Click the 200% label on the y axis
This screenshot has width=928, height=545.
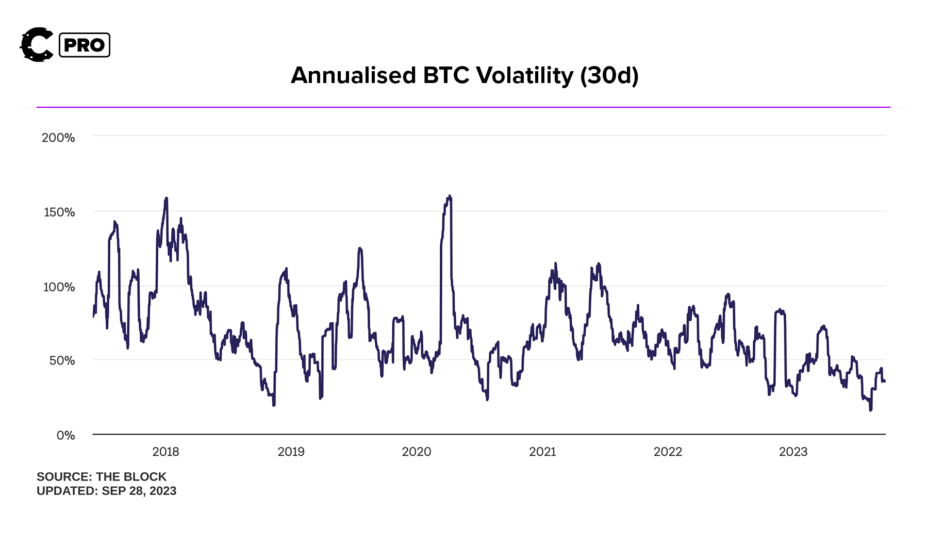[x=58, y=138]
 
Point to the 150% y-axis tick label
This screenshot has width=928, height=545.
[x=59, y=212]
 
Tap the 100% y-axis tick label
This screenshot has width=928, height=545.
[x=59, y=287]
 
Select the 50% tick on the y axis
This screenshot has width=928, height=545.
[x=62, y=360]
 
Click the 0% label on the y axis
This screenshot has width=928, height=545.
[x=65, y=435]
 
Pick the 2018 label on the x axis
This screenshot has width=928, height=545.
[x=165, y=452]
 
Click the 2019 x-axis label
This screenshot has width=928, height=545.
[x=291, y=452]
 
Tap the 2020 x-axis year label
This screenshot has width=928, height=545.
[x=416, y=452]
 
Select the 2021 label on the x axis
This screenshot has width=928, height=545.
[x=542, y=452]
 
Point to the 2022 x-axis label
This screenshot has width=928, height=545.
[x=668, y=452]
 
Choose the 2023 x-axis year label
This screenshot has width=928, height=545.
[x=793, y=452]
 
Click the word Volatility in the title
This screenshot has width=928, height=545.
[x=524, y=75]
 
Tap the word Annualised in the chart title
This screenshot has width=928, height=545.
[x=353, y=75]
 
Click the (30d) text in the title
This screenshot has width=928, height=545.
[x=609, y=75]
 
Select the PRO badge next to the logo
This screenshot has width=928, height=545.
[x=85, y=45]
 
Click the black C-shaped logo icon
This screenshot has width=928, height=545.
[x=37, y=45]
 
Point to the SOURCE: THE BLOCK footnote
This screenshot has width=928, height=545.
[x=102, y=476]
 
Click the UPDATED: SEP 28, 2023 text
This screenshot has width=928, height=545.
[x=106, y=491]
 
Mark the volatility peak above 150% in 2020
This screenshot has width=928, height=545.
[x=450, y=196]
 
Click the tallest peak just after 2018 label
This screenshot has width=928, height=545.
[x=166, y=199]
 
